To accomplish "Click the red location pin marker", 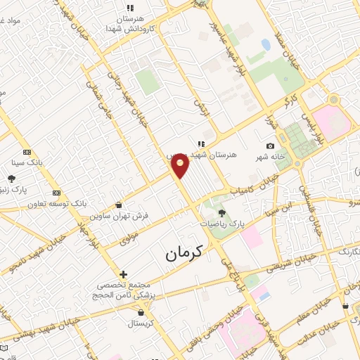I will coord(181,166).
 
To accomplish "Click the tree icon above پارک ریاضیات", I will coord(222,213).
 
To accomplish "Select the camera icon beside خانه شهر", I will coord(271,146).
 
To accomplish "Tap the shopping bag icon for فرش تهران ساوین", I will coord(117,205).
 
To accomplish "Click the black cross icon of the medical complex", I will coord(124,274).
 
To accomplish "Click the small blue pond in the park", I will coord(266,44).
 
